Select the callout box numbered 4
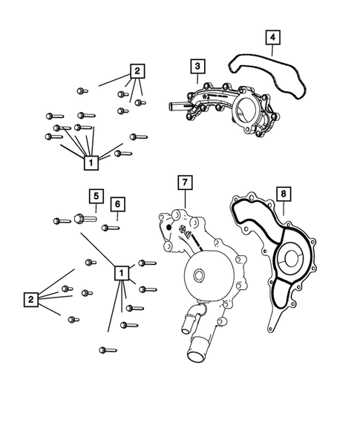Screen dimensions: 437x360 pyautogui.click(x=272, y=36)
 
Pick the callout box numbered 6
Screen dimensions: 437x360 pyautogui.click(x=117, y=204)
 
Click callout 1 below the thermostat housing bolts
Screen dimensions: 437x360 pyautogui.click(x=91, y=161)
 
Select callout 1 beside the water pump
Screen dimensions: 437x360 pyautogui.click(x=120, y=274)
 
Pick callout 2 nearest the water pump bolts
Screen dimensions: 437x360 pyautogui.click(x=30, y=299)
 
